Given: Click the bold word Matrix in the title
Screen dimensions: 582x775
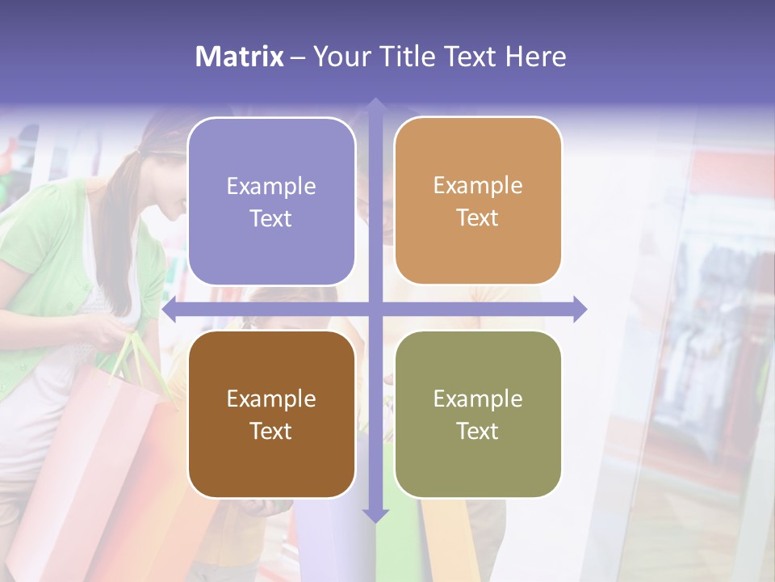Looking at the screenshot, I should click(240, 57).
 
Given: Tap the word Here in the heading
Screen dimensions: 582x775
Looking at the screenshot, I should click(535, 57).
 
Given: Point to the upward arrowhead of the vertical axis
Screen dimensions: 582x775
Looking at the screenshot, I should click(375, 106).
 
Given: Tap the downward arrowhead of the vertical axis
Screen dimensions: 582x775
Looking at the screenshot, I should click(375, 515).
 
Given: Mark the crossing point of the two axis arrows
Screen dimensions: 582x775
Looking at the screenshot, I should click(375, 310).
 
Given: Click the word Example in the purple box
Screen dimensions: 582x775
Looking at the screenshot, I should click(271, 186).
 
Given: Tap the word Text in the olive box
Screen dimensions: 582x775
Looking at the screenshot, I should click(478, 431).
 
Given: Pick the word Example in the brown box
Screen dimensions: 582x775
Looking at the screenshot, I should click(271, 399).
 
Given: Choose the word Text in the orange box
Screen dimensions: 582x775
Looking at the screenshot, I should click(478, 218).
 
